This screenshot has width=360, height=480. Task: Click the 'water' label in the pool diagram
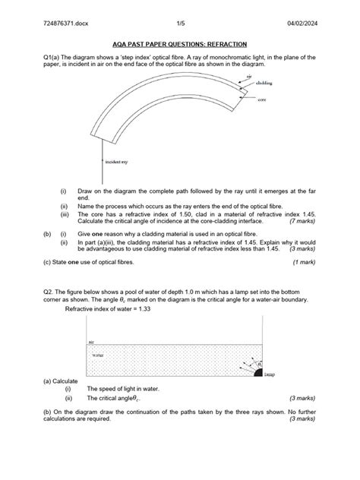click(x=97, y=353)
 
